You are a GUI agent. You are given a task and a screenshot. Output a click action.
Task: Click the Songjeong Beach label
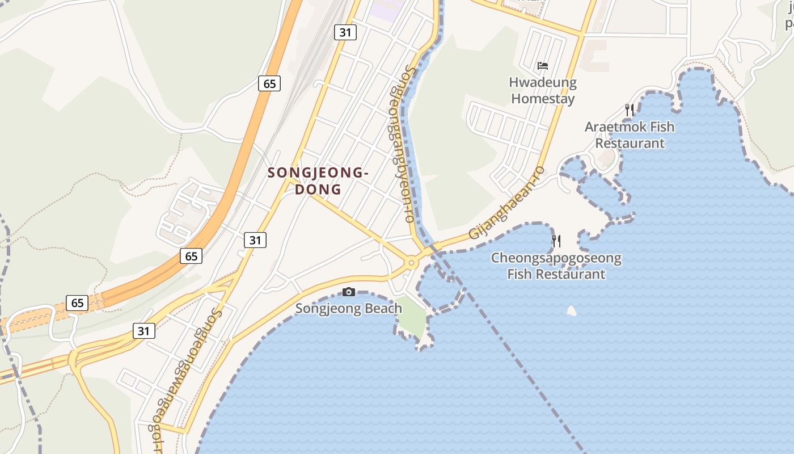[x=349, y=309]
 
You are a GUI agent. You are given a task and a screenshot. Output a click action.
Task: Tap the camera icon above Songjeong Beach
[x=349, y=292]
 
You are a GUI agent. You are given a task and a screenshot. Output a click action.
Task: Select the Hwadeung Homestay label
[x=543, y=91]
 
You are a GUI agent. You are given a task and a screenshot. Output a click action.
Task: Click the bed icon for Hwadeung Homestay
[x=543, y=66]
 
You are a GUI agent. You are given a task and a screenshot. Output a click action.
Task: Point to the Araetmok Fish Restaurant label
[x=630, y=135]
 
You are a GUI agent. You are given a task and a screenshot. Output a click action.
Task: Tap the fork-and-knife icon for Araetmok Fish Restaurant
[x=629, y=110]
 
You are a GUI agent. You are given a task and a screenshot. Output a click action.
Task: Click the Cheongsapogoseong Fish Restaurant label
[x=556, y=266]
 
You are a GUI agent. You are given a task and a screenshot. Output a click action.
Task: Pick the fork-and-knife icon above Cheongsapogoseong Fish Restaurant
[x=556, y=241]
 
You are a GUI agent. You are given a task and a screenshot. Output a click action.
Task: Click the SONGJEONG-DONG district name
[x=318, y=180]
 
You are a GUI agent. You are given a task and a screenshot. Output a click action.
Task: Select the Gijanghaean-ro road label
[x=506, y=203]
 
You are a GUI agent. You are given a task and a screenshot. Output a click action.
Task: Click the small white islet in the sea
[x=572, y=310]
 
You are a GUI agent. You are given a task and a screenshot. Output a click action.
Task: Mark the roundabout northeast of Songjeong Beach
[x=410, y=263]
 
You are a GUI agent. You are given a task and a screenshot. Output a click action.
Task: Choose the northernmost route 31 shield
[x=345, y=32]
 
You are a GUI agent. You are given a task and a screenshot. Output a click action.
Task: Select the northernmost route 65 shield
[x=269, y=84]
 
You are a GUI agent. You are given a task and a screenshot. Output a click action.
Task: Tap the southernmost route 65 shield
[x=77, y=303]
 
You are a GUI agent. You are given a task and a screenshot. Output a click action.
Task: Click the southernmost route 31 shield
[x=144, y=330]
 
